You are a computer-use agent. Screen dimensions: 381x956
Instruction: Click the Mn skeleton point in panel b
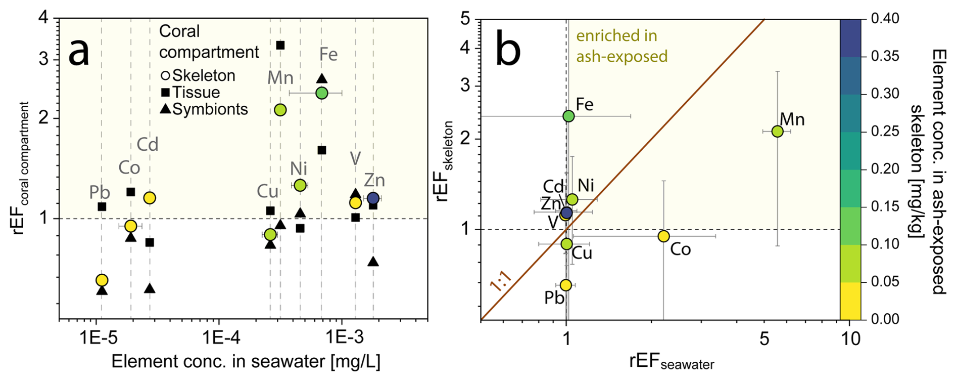coord(777,132)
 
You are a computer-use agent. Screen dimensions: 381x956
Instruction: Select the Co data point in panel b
coord(663,236)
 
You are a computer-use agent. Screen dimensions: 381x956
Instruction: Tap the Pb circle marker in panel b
coord(566,285)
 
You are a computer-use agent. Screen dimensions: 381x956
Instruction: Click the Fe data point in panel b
coord(568,116)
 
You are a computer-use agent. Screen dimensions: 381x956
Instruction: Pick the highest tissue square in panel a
coord(280,46)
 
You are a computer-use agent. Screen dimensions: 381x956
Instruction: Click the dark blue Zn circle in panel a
coord(373,198)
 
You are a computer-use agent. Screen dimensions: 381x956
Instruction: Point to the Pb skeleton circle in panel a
coord(102,280)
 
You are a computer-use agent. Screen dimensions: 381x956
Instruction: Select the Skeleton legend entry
coord(198,75)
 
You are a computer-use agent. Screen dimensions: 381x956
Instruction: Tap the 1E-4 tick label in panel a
coord(218,336)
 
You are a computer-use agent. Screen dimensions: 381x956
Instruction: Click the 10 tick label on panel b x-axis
coord(851,338)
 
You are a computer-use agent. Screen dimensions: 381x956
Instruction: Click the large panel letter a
coord(79,51)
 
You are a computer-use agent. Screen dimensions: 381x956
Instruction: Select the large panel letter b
coord(508,50)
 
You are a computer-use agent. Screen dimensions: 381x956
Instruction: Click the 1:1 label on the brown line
coord(501,281)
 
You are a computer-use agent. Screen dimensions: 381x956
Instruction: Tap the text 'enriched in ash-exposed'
coord(622,46)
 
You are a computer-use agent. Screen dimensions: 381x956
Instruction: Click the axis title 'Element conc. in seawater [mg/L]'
coord(246,362)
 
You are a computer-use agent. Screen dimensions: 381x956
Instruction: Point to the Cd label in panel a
coord(148,145)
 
